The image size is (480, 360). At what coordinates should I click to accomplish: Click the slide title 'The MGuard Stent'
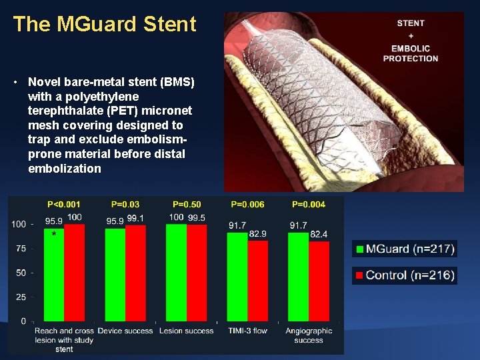[105, 25]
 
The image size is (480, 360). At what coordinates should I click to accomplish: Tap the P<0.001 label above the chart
[65, 204]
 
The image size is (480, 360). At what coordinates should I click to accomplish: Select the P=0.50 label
[187, 204]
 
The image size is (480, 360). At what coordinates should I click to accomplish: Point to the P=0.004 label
[309, 204]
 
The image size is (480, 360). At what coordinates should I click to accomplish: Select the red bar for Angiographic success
[319, 281]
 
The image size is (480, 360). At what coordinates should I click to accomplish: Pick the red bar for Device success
[135, 273]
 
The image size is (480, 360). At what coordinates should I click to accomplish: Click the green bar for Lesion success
[176, 273]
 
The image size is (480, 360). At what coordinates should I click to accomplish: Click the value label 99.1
[135, 218]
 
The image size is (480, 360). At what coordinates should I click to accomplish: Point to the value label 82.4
[319, 234]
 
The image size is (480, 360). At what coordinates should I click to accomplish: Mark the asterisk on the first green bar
[54, 235]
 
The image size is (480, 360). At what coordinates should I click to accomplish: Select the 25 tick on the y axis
[21, 297]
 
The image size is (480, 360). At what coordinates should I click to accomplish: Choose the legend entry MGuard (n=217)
[405, 249]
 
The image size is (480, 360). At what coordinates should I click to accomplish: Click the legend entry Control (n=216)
[405, 275]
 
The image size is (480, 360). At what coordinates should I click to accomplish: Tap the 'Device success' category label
[125, 331]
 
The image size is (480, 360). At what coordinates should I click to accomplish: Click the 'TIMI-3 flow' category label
[247, 331]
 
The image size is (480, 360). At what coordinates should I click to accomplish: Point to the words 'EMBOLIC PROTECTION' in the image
[411, 53]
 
